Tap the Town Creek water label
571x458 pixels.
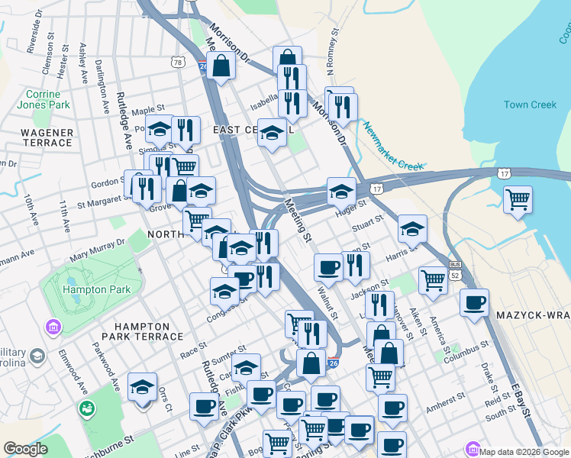(x=530, y=105)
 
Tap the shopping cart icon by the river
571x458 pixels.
(x=518, y=199)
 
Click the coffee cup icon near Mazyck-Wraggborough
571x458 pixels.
(x=474, y=302)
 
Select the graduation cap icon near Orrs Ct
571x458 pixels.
(x=142, y=387)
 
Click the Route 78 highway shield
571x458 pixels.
(x=178, y=62)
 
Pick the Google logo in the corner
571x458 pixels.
(x=26, y=449)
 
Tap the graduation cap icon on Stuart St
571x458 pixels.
(x=411, y=228)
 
